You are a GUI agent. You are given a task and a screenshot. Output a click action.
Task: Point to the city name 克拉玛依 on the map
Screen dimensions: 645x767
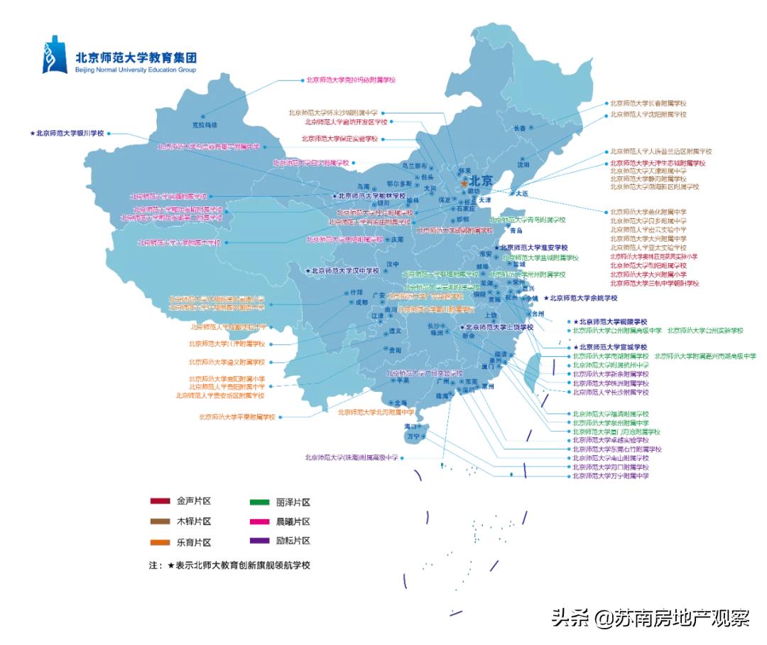click(203, 124)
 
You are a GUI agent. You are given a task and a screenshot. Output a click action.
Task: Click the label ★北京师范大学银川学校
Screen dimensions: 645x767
click(67, 133)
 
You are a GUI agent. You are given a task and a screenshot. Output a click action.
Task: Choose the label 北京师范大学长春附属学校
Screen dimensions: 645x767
click(648, 103)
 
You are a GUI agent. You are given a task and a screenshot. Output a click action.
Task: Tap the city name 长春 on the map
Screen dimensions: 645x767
click(520, 128)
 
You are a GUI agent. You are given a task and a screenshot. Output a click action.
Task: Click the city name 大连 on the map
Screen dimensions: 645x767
click(522, 193)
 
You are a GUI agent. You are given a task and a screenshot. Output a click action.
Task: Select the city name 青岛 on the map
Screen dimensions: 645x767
click(516, 230)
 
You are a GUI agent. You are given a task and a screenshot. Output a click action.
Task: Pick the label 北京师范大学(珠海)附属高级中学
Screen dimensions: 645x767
click(351, 457)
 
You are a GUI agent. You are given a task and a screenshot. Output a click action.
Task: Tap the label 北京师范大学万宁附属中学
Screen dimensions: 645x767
click(611, 476)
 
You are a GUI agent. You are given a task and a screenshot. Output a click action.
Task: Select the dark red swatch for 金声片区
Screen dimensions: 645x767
click(160, 501)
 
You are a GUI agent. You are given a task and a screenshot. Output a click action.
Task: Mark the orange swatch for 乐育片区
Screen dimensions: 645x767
click(160, 543)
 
